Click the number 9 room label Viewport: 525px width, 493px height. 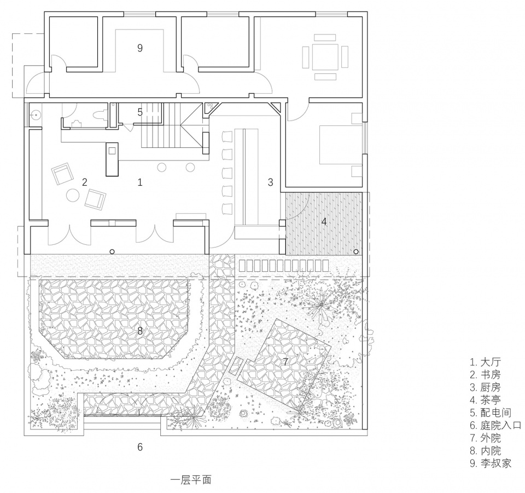coord(140,48)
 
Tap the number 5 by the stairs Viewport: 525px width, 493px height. coord(140,112)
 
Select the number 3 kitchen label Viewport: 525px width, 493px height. coord(271,182)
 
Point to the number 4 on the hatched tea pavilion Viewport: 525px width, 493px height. coord(324,221)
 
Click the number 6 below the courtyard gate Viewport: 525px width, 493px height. coord(140,447)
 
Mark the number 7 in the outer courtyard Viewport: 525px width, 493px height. coord(285,362)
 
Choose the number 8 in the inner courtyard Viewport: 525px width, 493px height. coord(140,331)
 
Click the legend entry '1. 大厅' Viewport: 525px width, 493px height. coord(485,362)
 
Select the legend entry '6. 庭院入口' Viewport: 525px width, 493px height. coord(495,425)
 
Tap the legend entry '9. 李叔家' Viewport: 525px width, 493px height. coord(491,463)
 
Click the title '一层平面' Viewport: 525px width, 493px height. coord(191,480)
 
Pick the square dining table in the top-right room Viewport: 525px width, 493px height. coord(325,57)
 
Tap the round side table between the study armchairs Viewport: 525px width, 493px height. coord(73,195)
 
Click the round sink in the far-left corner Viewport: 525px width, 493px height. coord(34,115)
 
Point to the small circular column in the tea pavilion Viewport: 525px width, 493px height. coord(356,251)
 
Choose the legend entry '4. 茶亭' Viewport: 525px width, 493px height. coord(485,400)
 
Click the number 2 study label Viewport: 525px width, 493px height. coord(85,182)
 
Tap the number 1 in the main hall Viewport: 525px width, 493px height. coord(140,182)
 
